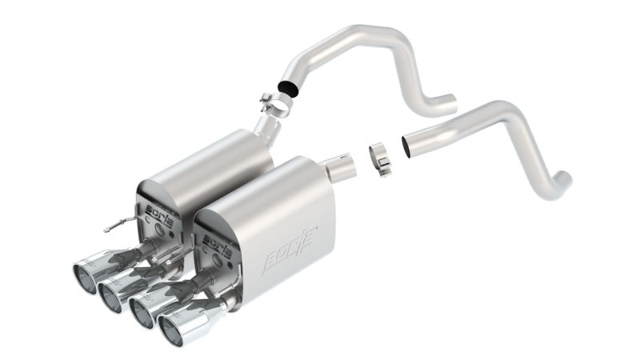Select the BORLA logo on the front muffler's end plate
[x=217, y=242]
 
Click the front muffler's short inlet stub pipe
[x=342, y=166]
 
